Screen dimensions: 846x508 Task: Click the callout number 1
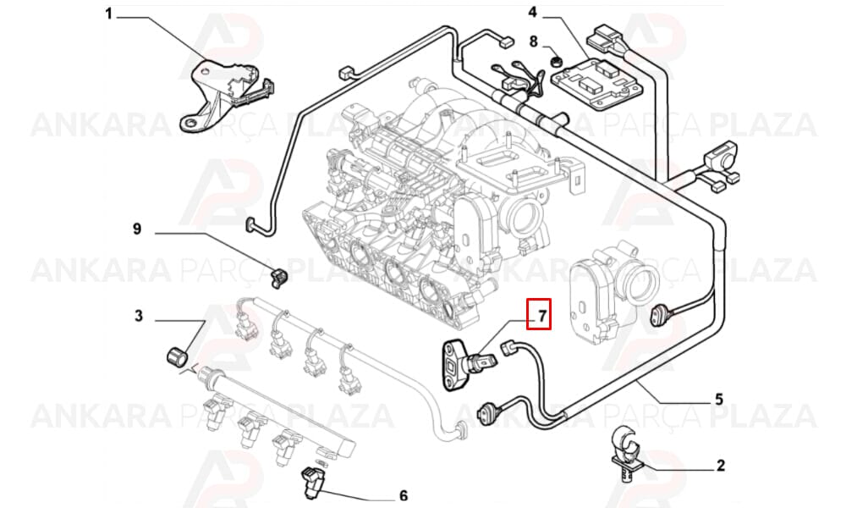coord(108,14)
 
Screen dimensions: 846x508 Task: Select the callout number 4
coord(532,12)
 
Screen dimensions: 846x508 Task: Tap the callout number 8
coord(533,41)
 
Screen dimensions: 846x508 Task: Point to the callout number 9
coord(137,229)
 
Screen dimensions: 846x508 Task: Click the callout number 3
coord(139,316)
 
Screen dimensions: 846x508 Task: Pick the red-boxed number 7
coord(539,313)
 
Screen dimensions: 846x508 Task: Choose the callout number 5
coord(718,400)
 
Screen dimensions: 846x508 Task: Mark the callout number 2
coord(721,466)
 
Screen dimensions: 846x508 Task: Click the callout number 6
coord(403,495)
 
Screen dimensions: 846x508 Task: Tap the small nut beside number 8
coord(554,60)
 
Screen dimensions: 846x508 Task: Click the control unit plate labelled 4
coord(598,83)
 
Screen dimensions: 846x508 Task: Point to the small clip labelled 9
coord(278,277)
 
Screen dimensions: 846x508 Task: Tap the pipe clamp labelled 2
coord(627,452)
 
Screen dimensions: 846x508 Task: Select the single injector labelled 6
coord(311,482)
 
